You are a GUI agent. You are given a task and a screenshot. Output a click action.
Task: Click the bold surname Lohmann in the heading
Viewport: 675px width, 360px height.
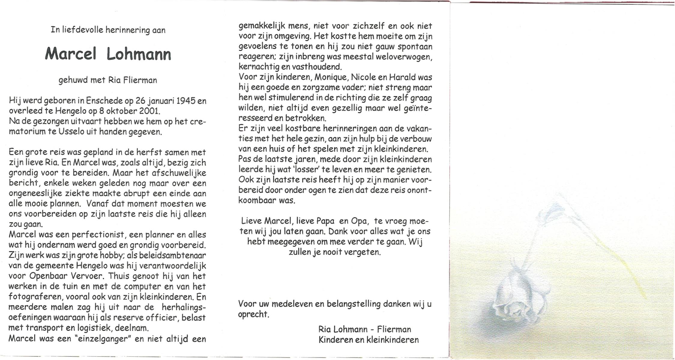139,54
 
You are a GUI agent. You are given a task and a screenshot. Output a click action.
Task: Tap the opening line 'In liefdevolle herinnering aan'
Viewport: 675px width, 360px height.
108,30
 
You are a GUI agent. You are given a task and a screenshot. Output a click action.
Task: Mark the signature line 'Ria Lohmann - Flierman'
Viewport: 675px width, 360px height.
364,329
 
